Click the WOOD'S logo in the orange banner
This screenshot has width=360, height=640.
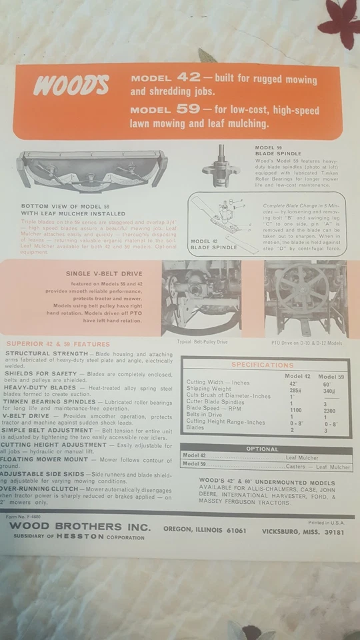pyautogui.click(x=71, y=85)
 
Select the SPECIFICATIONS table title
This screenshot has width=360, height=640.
pyautogui.click(x=262, y=365)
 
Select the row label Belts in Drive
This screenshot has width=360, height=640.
pyautogui.click(x=204, y=415)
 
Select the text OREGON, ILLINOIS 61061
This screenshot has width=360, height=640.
pyautogui.click(x=205, y=531)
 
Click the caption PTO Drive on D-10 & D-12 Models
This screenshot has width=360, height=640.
pyautogui.click(x=307, y=343)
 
